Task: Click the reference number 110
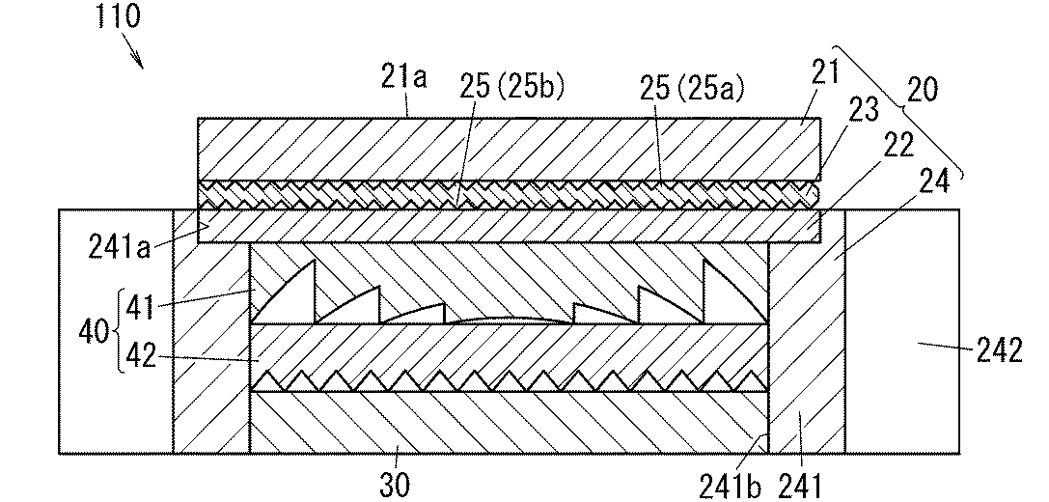[x=119, y=15]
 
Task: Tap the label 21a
[x=404, y=78]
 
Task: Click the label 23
[x=863, y=110]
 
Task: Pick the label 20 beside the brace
[x=922, y=89]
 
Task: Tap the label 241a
[x=121, y=248]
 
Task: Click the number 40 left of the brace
[x=94, y=331]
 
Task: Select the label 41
[x=141, y=309]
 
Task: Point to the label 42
[x=141, y=356]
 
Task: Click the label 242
[x=999, y=350]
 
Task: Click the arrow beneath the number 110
[x=132, y=51]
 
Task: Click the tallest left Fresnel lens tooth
[x=283, y=292]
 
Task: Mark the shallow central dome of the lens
[x=509, y=320]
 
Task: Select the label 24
[x=935, y=182]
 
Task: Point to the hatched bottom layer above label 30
[x=510, y=422]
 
